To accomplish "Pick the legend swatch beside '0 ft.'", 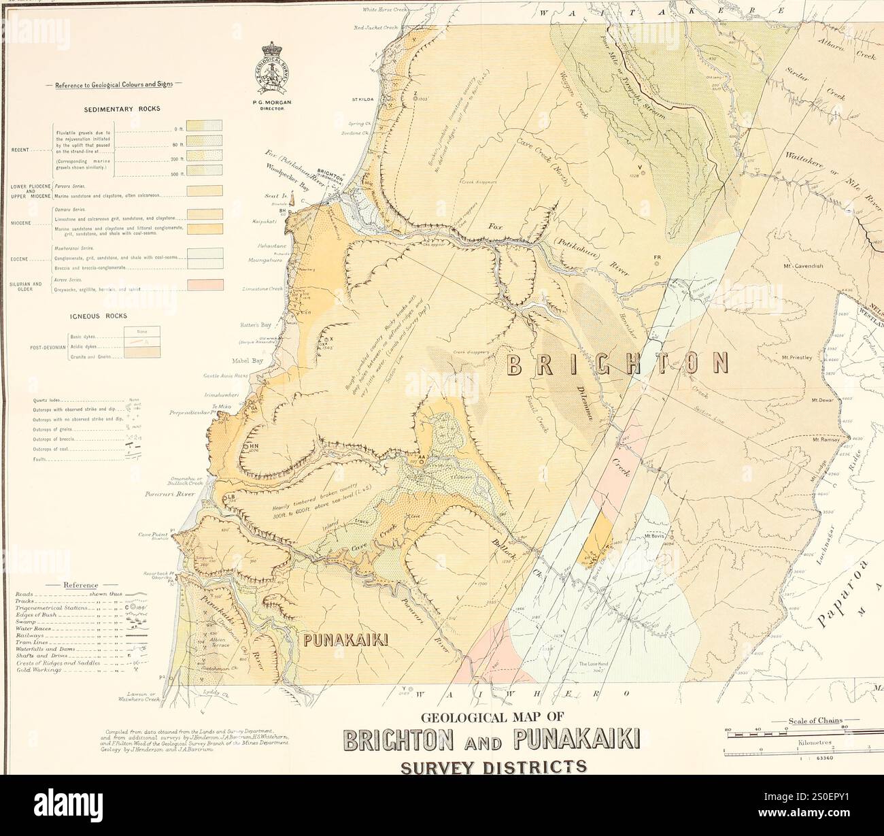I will pyautogui.click(x=205, y=125).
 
